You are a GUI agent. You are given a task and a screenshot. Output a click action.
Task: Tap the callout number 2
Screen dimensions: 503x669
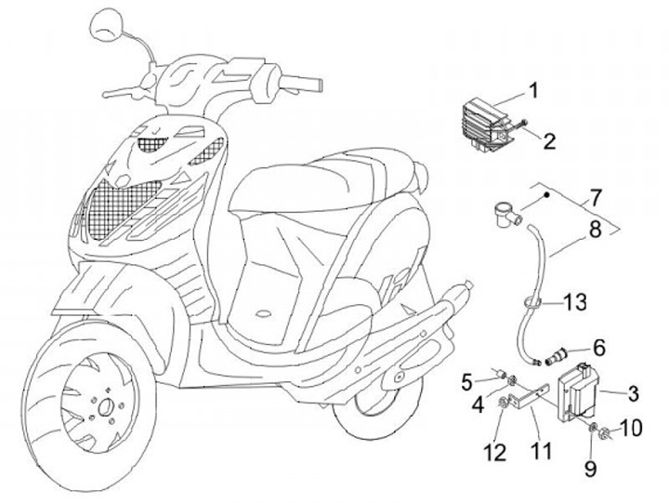tap(549, 141)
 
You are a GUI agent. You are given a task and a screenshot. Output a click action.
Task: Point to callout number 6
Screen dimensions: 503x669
tap(598, 348)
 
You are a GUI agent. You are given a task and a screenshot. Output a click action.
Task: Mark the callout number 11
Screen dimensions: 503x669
tap(540, 451)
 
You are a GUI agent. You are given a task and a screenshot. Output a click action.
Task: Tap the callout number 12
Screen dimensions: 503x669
tap(493, 454)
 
